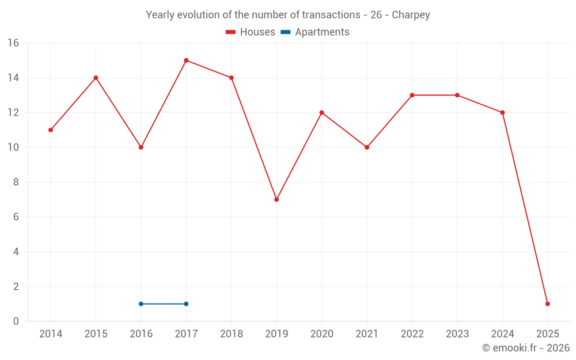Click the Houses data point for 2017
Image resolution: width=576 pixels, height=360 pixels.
186,60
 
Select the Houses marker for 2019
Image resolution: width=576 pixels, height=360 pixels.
276,199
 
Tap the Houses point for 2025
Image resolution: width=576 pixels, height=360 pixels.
547,304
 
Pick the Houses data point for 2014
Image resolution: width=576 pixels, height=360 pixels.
51,130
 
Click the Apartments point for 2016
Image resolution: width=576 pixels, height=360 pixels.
141,304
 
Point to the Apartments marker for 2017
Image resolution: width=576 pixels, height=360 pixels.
186,304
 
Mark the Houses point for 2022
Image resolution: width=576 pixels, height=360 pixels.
412,95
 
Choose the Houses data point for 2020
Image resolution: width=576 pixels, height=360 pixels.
321,112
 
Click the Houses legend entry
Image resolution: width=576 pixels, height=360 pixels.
251,32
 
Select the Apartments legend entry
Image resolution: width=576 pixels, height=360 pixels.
315,32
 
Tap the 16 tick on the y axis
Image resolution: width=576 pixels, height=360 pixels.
13,43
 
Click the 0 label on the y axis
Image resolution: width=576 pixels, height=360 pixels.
16,321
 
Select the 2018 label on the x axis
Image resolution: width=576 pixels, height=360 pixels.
231,334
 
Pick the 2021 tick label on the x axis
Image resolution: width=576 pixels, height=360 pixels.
366,334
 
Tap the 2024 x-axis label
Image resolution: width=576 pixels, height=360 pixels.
502,334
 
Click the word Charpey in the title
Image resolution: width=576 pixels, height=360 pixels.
411,15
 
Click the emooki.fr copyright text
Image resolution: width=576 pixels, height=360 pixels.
526,348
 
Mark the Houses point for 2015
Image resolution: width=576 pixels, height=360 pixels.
96,78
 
